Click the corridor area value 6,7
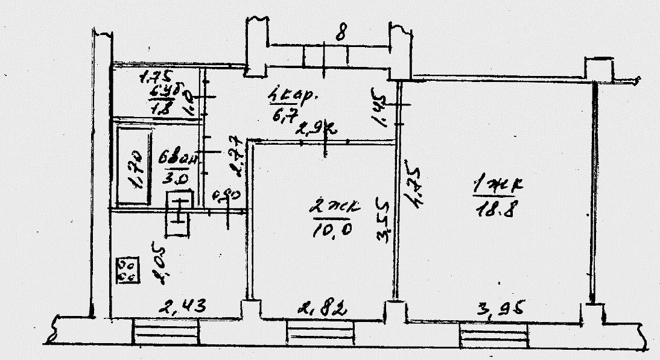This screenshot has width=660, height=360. coord(281,115)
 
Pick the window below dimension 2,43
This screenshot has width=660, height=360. coord(165,332)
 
